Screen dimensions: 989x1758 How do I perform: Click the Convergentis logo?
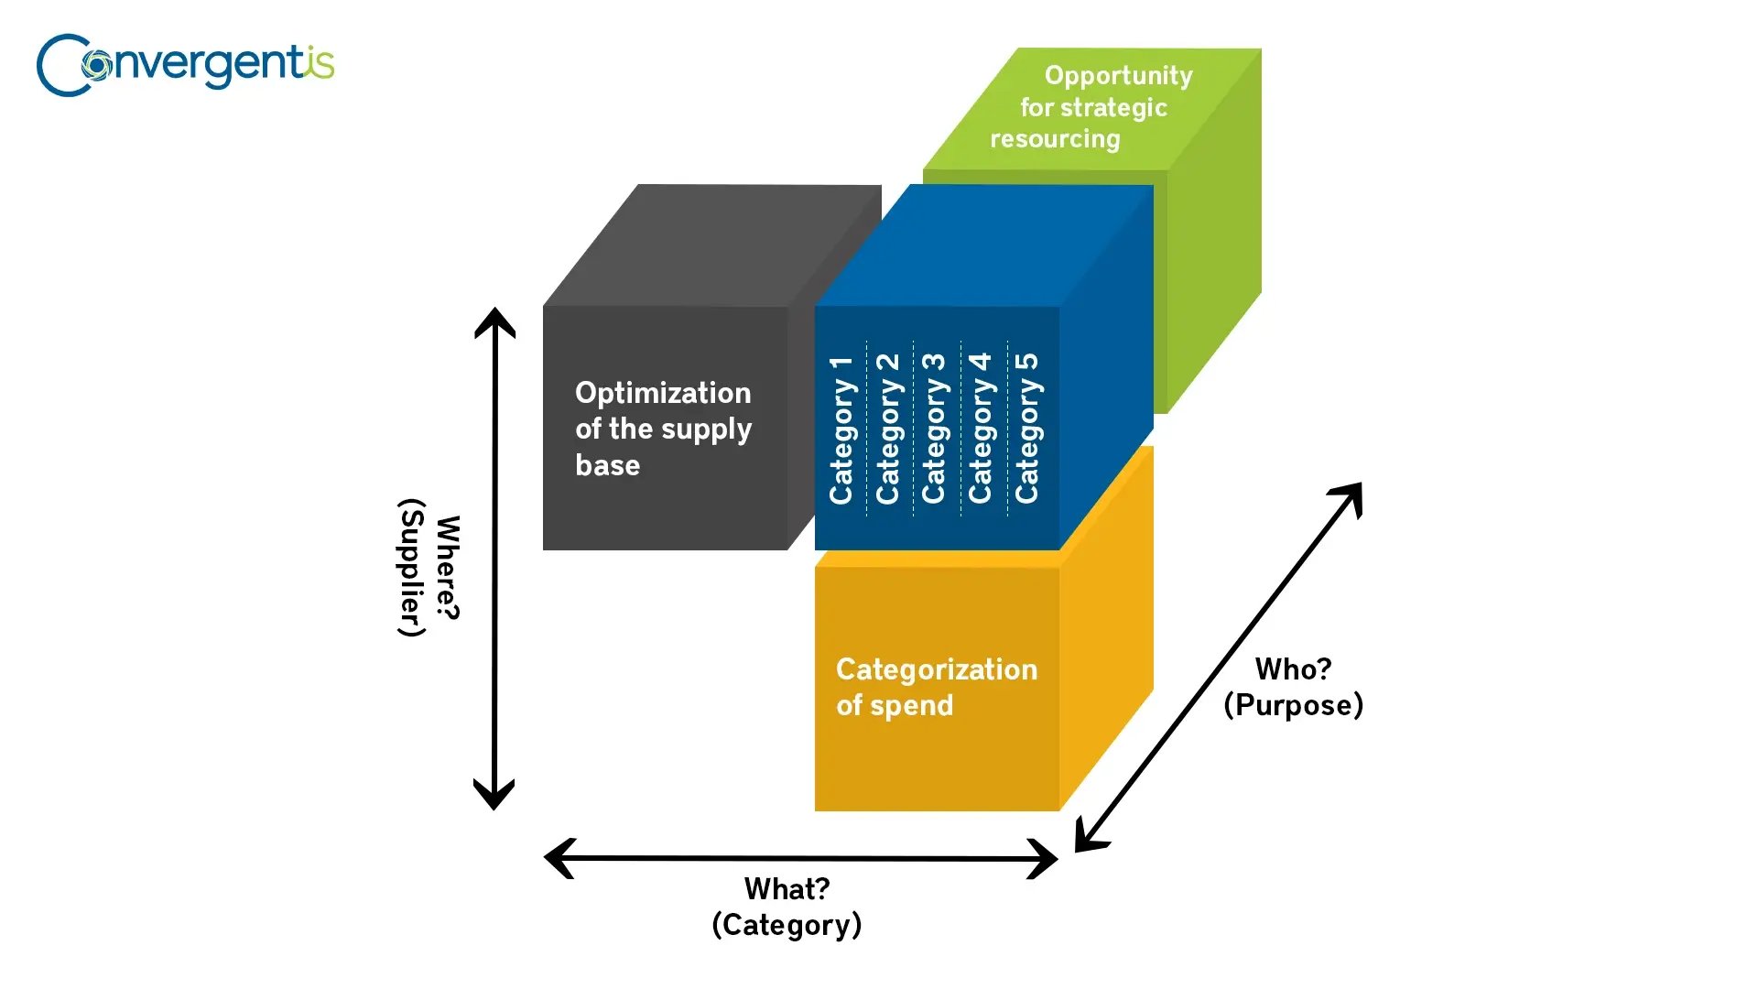185,65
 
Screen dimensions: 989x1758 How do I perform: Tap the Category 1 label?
841,429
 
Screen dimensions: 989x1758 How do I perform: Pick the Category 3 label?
934,429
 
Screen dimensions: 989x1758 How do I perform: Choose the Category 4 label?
981,429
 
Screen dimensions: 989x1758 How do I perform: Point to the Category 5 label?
1027,429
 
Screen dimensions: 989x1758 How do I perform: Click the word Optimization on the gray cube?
663,393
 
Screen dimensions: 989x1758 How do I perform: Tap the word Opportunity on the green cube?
1118,75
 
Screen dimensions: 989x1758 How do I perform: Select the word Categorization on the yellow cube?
937,669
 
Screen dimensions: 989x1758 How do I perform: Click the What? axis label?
787,888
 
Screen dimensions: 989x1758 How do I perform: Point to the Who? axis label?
1293,669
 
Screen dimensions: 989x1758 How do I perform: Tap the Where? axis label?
448,568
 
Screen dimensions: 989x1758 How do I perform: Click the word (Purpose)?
1293,705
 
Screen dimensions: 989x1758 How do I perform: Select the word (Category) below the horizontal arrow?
787,925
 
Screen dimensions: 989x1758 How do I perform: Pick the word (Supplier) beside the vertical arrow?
412,568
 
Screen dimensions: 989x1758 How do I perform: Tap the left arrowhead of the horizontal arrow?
557,858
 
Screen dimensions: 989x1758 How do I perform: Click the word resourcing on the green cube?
1055,139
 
